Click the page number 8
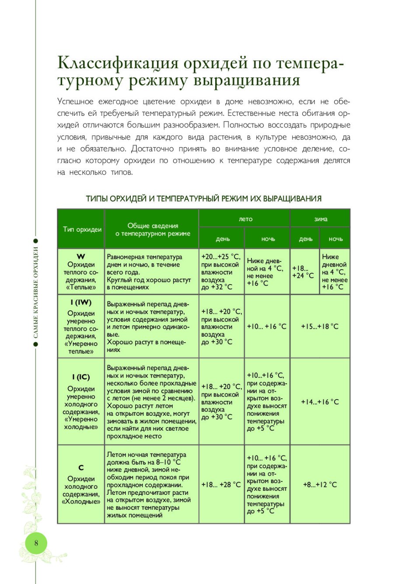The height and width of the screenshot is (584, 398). click(36, 543)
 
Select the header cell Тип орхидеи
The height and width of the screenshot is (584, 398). click(82, 229)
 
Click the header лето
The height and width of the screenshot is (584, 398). click(245, 219)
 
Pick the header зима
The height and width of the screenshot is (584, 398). click(321, 219)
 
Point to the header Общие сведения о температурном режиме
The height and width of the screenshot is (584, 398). click(153, 229)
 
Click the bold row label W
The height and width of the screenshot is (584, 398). click(81, 257)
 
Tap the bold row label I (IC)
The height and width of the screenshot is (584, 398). click(81, 377)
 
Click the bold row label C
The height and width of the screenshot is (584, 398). click(81, 468)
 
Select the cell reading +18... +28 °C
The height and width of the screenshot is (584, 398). click(221, 485)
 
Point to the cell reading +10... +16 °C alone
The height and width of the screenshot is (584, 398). click(267, 327)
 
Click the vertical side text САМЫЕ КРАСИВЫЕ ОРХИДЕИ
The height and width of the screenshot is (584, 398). click(36, 293)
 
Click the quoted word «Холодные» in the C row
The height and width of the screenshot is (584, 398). click(81, 502)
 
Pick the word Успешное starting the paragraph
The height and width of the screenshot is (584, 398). click(75, 102)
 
